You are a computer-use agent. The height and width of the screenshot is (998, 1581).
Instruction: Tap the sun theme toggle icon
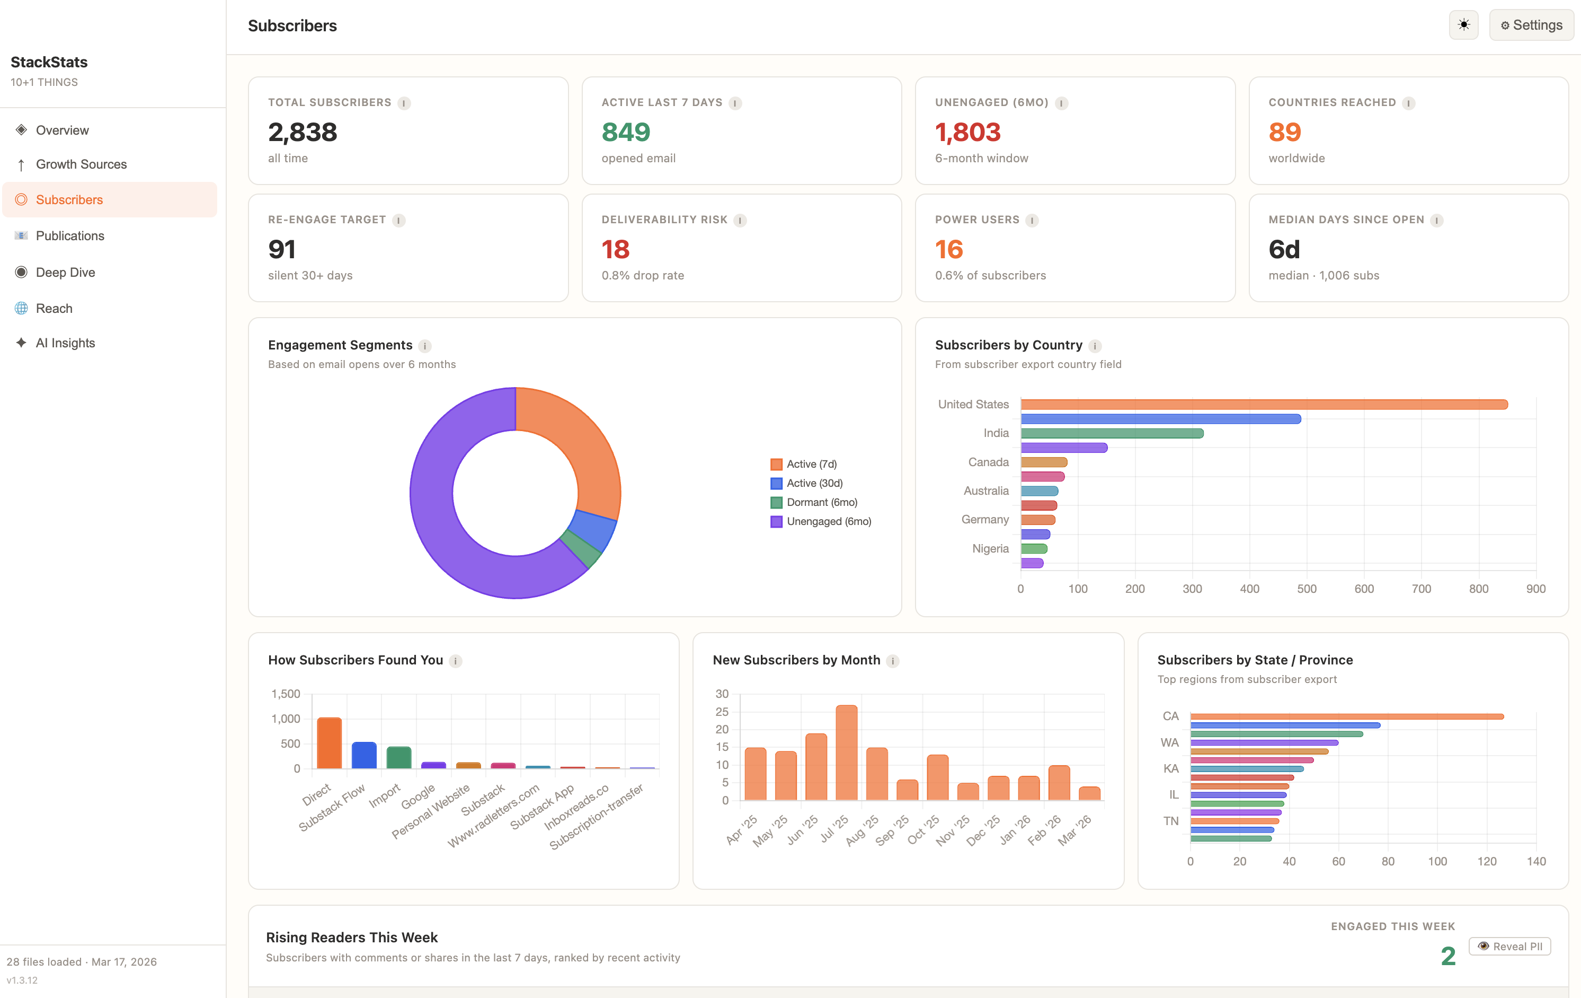[x=1463, y=25]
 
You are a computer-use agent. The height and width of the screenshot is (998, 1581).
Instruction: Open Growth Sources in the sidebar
[x=81, y=164]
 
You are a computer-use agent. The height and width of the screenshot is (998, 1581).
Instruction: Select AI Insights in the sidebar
[x=65, y=343]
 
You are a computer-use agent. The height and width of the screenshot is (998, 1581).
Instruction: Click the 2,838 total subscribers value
[x=302, y=132]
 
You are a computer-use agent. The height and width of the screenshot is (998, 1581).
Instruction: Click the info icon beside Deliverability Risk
[x=740, y=220]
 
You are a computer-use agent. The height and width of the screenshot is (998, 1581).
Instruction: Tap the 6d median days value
[x=1284, y=249]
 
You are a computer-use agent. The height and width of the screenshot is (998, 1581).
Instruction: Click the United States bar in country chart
[x=1263, y=405]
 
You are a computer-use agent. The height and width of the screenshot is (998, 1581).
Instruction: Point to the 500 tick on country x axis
[x=1306, y=589]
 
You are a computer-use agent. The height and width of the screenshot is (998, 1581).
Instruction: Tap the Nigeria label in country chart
[x=990, y=549]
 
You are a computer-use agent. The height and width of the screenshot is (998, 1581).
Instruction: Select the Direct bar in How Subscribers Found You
[x=329, y=743]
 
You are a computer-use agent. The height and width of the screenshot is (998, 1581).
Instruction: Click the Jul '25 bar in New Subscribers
[x=846, y=752]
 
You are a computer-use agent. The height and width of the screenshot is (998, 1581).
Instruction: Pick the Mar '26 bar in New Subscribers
[x=1089, y=793]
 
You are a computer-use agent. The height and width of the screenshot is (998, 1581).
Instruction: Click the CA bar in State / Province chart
[x=1346, y=716]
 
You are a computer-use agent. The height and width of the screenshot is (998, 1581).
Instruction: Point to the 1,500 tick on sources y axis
[x=286, y=694]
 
